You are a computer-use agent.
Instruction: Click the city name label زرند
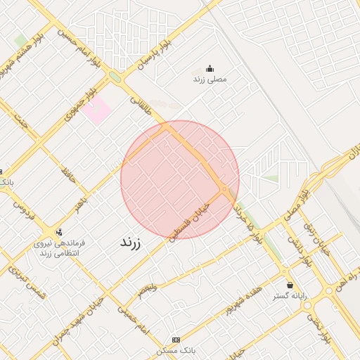[x=130, y=243]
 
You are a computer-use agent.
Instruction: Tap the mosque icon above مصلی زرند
[x=210, y=69]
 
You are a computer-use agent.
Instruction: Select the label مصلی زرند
[x=210, y=80]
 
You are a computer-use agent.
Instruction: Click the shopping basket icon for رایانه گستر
[x=290, y=285]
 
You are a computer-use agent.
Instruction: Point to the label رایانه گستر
[x=290, y=297]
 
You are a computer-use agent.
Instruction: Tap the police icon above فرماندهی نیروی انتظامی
[x=58, y=231]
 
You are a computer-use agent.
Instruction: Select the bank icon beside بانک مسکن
[x=175, y=340]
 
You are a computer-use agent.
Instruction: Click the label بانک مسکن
[x=175, y=350]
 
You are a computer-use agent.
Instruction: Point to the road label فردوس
[x=24, y=206]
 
